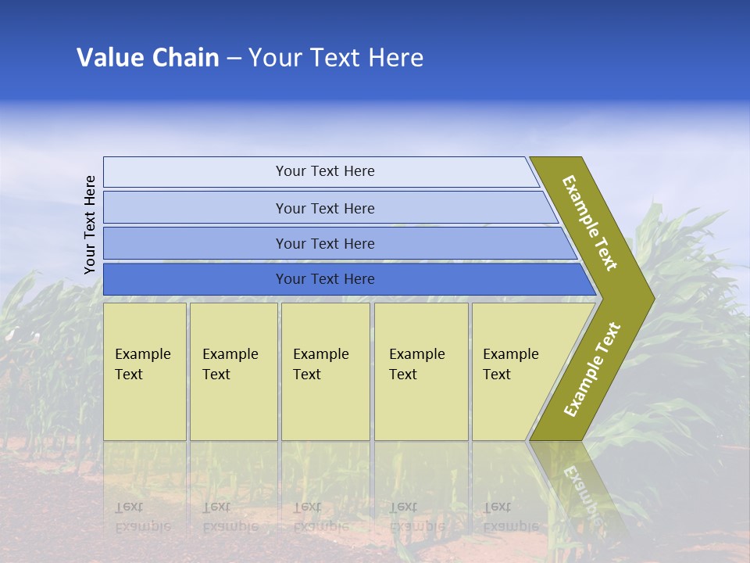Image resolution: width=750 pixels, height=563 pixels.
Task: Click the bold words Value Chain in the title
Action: click(148, 58)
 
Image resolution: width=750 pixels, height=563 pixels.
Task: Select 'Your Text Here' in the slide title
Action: click(336, 58)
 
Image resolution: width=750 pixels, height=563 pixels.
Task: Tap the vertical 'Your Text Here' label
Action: click(90, 224)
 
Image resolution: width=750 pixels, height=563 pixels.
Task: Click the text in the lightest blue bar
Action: click(325, 171)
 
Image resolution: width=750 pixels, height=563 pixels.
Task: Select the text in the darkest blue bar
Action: click(325, 279)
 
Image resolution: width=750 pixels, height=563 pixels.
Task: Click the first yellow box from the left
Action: click(145, 371)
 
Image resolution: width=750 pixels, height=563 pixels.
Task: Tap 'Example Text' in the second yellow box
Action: click(230, 364)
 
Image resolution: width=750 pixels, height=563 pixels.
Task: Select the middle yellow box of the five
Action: click(325, 371)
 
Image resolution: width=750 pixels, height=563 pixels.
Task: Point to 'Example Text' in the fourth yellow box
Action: click(416, 364)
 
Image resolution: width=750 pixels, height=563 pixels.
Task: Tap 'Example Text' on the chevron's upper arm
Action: click(590, 223)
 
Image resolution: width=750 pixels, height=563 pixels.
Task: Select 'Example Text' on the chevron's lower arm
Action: click(591, 370)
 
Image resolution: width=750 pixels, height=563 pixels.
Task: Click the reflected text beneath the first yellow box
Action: click(142, 517)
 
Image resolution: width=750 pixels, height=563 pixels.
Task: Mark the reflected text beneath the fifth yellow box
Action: click(510, 517)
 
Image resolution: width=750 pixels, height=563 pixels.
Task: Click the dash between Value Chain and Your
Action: click(234, 58)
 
